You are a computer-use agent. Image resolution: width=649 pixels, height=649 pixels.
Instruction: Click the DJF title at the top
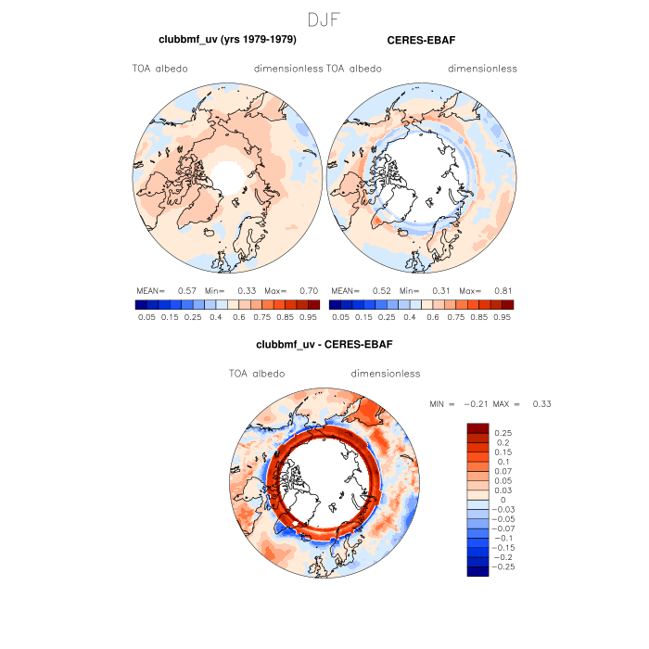click(324, 19)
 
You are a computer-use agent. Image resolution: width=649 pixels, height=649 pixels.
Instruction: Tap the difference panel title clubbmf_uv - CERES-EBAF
click(324, 345)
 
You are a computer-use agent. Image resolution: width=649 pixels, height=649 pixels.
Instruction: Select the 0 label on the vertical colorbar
click(503, 499)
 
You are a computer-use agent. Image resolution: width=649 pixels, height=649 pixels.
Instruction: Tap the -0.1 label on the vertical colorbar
click(505, 538)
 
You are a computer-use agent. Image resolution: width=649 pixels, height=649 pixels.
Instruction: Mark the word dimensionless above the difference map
click(386, 374)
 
